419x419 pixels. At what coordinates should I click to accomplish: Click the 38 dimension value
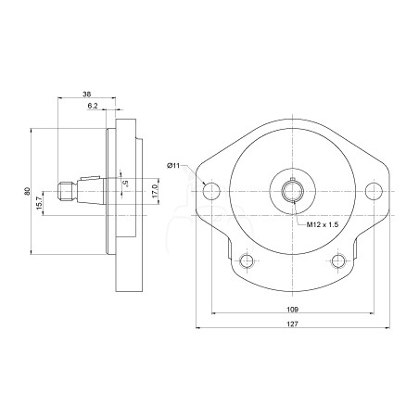point(87,94)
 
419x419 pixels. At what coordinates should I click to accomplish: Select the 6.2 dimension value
point(93,106)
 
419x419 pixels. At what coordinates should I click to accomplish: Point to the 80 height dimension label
point(28,191)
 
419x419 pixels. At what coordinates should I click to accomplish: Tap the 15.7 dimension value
point(39,203)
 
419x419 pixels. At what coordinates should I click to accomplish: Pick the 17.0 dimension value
point(155,191)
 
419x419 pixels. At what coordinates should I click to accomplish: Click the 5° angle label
point(125,184)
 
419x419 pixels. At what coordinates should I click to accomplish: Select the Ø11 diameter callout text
point(173,166)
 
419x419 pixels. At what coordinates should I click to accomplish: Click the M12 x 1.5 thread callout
point(323,224)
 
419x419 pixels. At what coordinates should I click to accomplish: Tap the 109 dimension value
point(292,309)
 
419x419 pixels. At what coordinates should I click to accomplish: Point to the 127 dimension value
point(292,324)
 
